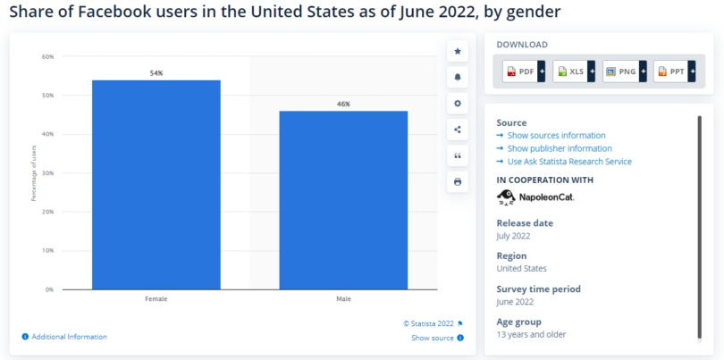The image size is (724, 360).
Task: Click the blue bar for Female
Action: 156,184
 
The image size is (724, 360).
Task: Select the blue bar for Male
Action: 343,200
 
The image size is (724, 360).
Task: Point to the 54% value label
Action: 156,71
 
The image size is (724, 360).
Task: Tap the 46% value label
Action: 343,104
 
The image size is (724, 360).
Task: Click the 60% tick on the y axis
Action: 47,56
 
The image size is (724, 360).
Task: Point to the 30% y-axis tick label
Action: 47,173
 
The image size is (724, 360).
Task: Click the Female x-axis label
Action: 156,298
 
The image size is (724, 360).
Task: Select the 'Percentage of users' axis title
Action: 34,173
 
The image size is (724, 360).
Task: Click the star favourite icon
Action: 458,51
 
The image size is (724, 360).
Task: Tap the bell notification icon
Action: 458,77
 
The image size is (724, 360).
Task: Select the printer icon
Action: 458,181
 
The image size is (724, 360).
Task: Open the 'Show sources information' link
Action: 556,135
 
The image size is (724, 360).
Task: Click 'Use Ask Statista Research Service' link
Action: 569,162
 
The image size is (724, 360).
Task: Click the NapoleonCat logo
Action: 535,197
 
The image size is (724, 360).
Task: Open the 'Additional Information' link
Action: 69,337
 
